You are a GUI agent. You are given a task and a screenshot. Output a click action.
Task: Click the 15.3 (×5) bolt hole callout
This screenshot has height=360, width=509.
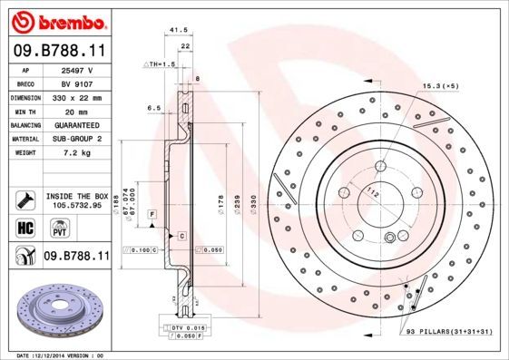438,85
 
